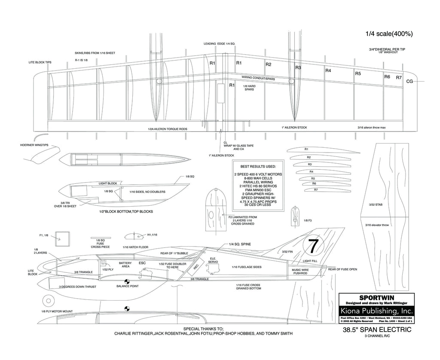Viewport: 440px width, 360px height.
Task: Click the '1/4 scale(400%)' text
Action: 389,34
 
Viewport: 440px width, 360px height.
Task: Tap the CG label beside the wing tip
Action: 409,81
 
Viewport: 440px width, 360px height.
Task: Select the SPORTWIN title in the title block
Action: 377,297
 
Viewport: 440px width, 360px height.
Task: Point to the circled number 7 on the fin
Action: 313,246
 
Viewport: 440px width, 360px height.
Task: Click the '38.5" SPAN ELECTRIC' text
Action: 377,330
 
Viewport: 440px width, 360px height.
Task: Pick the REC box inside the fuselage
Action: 196,266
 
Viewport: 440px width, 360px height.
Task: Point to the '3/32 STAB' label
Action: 375,205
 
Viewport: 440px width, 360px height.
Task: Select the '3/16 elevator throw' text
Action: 377,225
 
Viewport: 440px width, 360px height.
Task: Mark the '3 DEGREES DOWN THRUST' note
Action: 77,287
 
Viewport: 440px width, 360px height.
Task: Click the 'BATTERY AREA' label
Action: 125,265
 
